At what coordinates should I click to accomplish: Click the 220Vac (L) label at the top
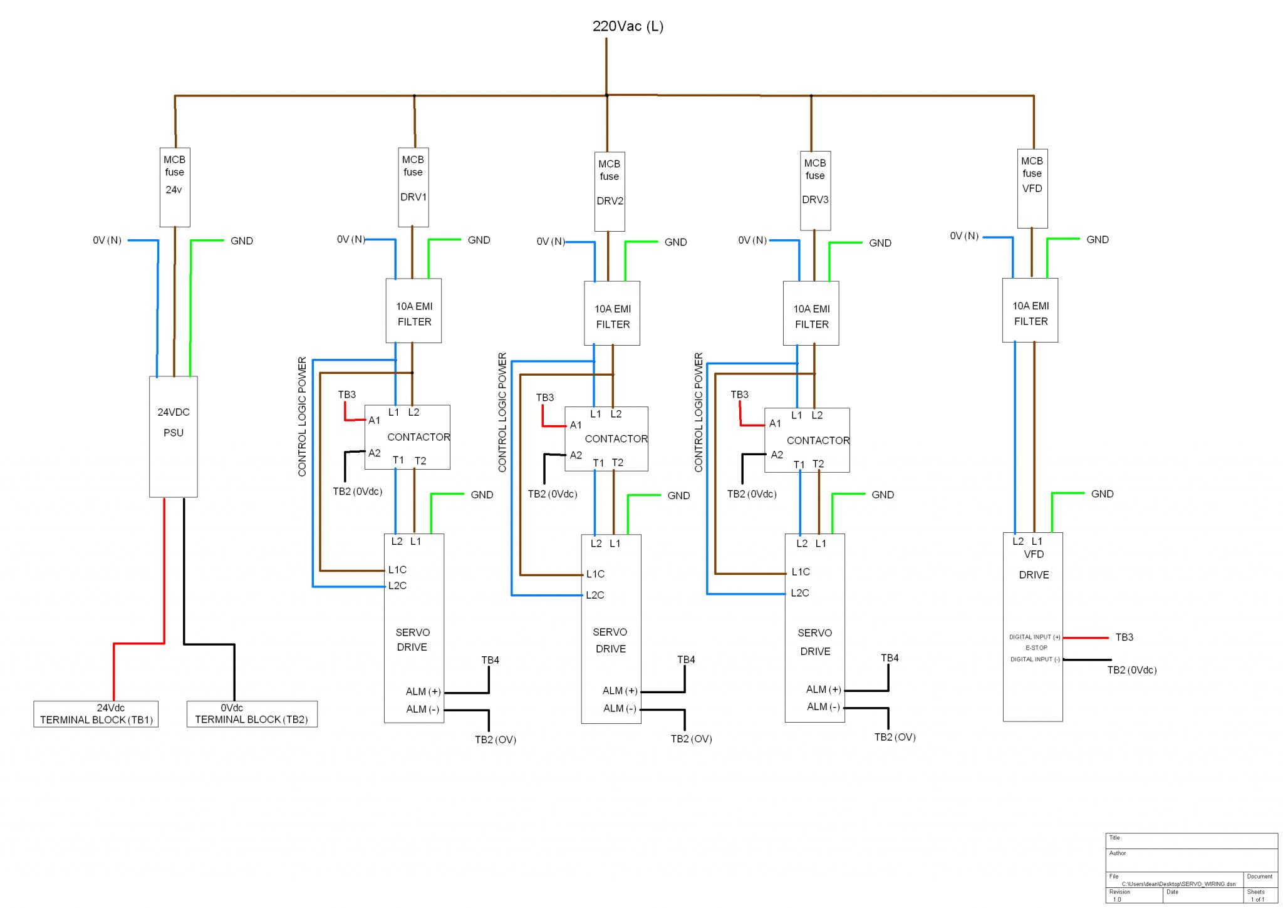coord(628,26)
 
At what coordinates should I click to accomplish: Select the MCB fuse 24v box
coord(175,187)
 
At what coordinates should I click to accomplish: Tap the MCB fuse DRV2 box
coord(610,192)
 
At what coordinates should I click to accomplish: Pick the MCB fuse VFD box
coord(1032,188)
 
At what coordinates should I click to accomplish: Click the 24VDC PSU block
coord(174,436)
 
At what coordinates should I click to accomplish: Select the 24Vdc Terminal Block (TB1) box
coord(96,714)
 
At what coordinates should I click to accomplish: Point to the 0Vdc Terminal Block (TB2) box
coord(252,714)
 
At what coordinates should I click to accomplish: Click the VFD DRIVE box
coord(1033,627)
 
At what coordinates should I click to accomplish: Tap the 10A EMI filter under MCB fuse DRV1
coord(413,311)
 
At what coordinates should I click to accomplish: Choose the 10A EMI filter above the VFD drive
coord(1030,310)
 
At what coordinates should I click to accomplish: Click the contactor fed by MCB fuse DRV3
coord(807,440)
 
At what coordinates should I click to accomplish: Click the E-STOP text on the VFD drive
coord(1036,647)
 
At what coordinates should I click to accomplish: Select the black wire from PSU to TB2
coord(209,644)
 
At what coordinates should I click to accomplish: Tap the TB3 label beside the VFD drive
coord(1124,637)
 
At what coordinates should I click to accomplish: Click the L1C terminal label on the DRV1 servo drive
coord(397,570)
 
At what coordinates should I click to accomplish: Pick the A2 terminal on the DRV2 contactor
coord(576,455)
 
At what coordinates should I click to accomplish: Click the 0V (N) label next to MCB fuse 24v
coord(107,240)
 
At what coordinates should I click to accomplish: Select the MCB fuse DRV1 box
coord(413,187)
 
